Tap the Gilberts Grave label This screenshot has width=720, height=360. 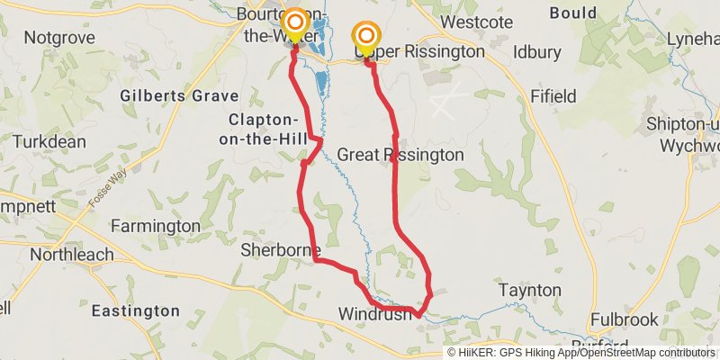tap(180, 95)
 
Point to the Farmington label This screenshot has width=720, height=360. tap(156, 225)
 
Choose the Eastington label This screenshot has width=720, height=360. tap(136, 311)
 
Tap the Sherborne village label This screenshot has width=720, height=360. tap(275, 251)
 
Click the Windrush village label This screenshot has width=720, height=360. tap(375, 314)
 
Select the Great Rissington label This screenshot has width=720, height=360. tap(400, 155)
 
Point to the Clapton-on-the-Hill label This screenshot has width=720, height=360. tap(263, 130)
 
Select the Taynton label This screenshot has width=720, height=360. tap(530, 290)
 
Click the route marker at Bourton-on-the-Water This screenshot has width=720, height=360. tap(294, 22)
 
